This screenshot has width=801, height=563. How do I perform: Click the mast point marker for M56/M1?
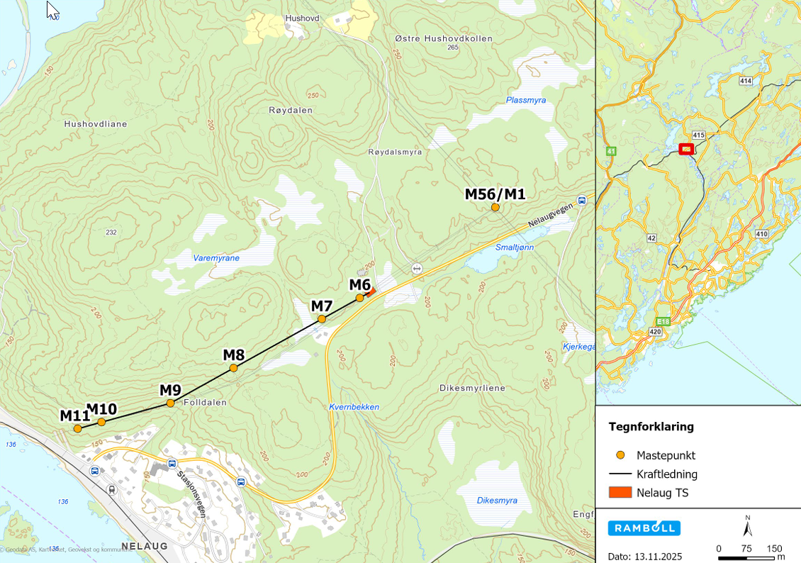495,207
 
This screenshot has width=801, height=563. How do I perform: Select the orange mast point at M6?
359,298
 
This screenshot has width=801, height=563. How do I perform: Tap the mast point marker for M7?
322,319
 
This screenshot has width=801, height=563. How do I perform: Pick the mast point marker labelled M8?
233,368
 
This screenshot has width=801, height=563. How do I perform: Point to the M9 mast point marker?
170,403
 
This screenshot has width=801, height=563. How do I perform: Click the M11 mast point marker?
77,428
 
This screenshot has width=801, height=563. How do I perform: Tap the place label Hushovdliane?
95,123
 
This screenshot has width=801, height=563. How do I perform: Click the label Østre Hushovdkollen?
444,38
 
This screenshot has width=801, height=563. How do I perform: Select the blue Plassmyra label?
526,100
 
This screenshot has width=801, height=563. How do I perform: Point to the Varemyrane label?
216,258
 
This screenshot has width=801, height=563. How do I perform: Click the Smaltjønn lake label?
514,247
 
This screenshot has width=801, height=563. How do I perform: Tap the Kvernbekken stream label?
354,407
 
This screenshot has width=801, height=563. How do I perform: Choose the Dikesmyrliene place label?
472,388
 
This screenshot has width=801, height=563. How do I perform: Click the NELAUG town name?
145,546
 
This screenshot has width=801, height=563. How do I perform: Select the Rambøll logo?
644,528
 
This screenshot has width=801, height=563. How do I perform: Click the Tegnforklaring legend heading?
651,427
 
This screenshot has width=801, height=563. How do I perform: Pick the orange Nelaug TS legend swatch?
620,493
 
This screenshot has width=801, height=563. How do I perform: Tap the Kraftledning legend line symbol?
620,474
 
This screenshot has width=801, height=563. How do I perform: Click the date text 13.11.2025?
660,557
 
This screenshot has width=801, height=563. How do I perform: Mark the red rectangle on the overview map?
685,149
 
